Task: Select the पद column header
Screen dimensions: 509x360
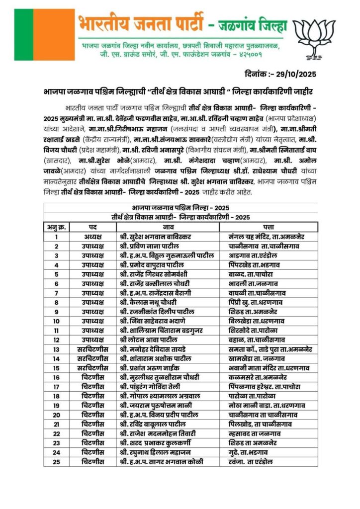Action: coord(92,227)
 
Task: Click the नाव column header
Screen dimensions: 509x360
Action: coord(168,227)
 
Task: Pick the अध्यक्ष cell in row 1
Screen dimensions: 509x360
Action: coord(92,237)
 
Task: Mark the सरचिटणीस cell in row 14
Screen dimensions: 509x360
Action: coord(92,358)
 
